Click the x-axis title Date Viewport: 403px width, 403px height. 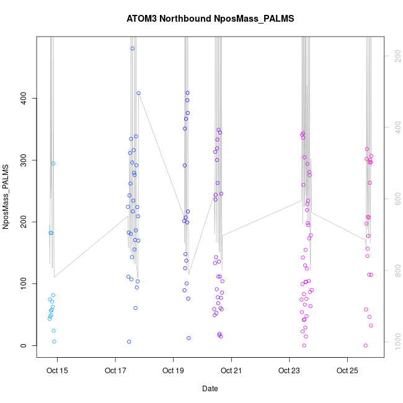[210, 389]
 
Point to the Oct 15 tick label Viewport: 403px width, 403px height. [57, 371]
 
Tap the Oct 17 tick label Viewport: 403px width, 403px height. [115, 371]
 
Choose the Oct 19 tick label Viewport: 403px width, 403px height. [173, 371]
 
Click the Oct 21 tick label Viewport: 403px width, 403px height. [231, 371]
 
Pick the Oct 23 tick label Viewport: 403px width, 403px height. [289, 371]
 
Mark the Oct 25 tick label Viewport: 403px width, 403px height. [347, 371]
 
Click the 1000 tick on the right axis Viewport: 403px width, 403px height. [395, 342]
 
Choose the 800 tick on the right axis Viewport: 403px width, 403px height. [395, 270]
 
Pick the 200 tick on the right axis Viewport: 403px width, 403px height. [395, 56]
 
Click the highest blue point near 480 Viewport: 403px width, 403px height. [133, 48]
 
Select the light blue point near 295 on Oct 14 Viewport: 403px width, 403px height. [53, 164]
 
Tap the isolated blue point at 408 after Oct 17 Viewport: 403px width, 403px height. [138, 94]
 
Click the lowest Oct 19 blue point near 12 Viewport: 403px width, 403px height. [188, 338]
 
